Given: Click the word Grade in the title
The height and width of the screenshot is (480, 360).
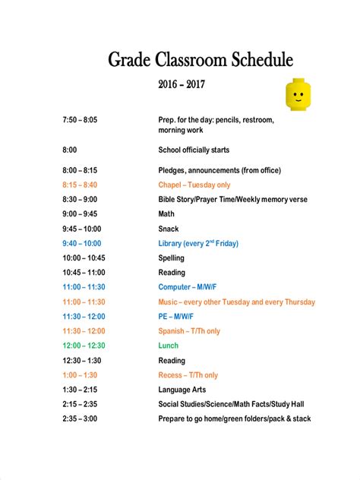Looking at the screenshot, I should (129, 60).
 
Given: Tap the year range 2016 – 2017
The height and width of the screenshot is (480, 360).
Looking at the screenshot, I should (182, 86).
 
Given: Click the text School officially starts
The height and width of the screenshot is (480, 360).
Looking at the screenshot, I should (194, 150).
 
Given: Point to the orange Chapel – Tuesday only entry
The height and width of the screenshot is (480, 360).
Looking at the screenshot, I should (194, 185).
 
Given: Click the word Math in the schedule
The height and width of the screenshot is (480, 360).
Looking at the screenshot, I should (166, 214).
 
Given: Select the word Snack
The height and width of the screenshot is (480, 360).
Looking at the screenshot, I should (169, 229).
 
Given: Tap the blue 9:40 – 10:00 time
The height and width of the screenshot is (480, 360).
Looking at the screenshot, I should (82, 243).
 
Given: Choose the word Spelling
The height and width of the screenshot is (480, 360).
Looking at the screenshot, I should (172, 258).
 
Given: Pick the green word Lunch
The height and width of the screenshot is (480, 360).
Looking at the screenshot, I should (169, 346).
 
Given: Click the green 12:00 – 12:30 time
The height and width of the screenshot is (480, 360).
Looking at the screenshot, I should (84, 346).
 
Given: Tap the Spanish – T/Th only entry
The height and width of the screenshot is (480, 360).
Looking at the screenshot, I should (189, 331).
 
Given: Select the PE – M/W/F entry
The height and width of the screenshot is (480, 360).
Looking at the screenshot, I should (176, 316).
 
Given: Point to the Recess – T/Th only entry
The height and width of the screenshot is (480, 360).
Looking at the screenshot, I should (188, 375).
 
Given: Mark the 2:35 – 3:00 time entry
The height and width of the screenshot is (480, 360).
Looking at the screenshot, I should (80, 418).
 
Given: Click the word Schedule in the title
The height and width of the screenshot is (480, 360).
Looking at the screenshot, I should (255, 60).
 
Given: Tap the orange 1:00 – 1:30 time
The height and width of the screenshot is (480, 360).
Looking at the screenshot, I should (80, 375).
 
